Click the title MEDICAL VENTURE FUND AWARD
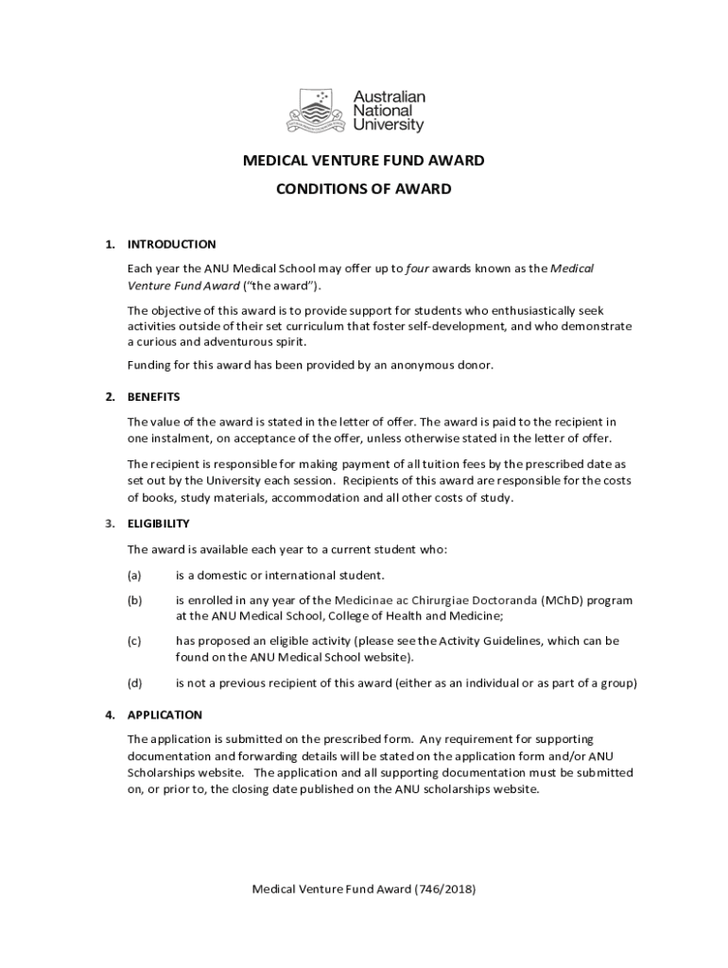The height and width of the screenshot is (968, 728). coord(364,161)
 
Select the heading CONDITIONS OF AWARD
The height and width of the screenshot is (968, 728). coord(364,189)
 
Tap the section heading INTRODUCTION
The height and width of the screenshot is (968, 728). coord(172,244)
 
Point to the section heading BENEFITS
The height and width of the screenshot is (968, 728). coord(153,396)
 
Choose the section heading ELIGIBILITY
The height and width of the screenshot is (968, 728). coord(159,523)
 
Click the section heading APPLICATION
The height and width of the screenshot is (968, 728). coord(165,715)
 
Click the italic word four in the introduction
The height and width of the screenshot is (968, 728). coord(417,268)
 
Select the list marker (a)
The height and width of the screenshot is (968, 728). coord(134,575)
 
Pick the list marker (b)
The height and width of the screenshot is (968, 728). coord(134,600)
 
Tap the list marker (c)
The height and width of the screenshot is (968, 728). coord(134,641)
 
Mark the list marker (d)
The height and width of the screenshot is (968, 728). coord(134,683)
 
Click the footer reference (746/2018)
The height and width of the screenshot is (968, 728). coord(445,890)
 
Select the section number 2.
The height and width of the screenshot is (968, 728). coord(110,396)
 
